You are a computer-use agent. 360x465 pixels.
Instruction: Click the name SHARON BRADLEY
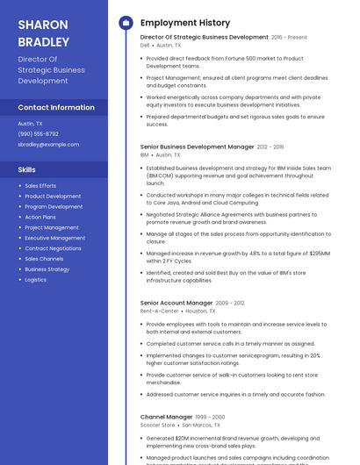click(43, 32)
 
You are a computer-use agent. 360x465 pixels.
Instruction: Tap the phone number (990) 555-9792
click(39, 133)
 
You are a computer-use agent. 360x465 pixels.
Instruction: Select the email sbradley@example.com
click(48, 144)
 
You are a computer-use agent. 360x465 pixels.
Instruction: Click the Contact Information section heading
click(56, 107)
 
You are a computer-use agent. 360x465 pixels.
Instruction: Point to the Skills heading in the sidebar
click(27, 169)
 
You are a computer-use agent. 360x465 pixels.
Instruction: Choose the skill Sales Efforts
click(40, 186)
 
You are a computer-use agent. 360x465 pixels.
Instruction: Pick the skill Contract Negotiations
click(53, 248)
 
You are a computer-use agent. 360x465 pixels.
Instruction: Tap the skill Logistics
click(35, 280)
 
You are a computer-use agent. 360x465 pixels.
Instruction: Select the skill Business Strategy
click(47, 269)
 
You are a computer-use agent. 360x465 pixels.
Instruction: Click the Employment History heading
click(185, 23)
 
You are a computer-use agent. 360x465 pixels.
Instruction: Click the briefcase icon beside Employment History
click(126, 23)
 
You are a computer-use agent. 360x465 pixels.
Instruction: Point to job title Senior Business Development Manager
click(197, 147)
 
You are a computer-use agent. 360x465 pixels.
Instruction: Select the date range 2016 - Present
click(289, 38)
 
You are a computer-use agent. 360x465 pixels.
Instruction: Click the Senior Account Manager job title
click(176, 303)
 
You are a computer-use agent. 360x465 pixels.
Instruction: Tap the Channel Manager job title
click(166, 417)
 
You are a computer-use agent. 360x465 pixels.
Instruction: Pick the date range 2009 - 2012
click(230, 303)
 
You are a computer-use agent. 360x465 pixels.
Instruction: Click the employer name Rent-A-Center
click(159, 311)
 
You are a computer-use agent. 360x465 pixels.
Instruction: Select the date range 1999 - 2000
click(211, 417)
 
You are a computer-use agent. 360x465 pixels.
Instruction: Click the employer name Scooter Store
click(157, 425)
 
